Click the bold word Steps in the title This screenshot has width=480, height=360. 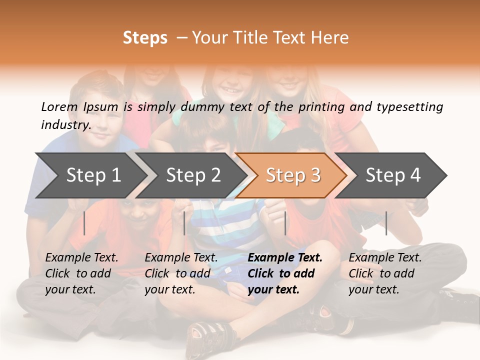(x=145, y=38)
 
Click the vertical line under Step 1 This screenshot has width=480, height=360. (x=84, y=223)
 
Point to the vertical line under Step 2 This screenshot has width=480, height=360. (x=184, y=223)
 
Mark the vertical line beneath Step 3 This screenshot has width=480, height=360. (x=285, y=223)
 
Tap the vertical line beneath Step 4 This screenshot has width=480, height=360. (x=386, y=223)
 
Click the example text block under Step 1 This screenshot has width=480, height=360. (x=81, y=273)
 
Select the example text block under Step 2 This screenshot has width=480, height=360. (x=181, y=273)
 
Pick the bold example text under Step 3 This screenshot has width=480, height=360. (x=285, y=273)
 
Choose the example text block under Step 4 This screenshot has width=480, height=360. (x=385, y=273)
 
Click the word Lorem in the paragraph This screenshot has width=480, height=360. (x=59, y=106)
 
